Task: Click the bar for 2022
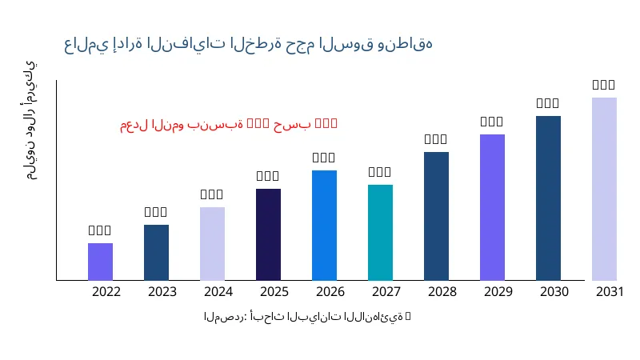[x=100, y=262]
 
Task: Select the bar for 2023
[x=156, y=252]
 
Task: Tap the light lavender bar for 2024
[x=212, y=243]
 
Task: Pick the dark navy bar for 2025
[x=268, y=234]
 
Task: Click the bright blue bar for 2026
[x=324, y=225]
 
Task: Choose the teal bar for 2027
[x=380, y=232]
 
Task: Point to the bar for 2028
[x=436, y=216]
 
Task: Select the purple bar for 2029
[x=492, y=207]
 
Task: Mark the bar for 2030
[x=548, y=198]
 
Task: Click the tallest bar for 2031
[x=604, y=189]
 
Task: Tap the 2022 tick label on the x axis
[x=106, y=292]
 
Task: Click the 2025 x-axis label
[x=274, y=292]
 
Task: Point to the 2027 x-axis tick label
[x=386, y=292]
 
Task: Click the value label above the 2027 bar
[x=380, y=172]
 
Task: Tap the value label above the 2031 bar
[x=604, y=85]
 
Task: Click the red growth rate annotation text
[x=229, y=124]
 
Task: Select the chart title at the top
[x=248, y=44]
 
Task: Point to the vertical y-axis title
[x=30, y=120]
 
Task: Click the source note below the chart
[x=307, y=318]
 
